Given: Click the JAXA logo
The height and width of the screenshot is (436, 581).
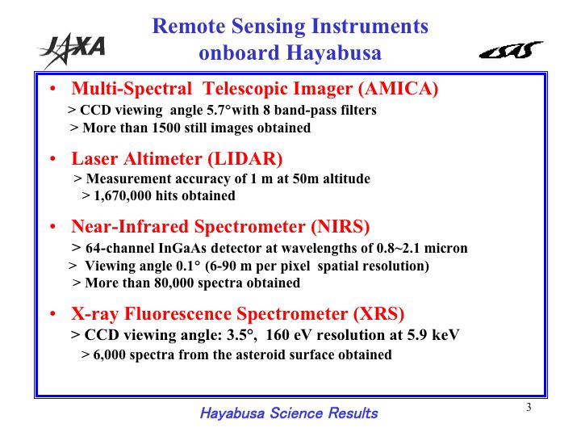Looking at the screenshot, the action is click(73, 50).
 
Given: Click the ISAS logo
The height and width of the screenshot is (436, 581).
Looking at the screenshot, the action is click(511, 50).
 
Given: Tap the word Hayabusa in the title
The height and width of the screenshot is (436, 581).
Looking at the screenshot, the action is click(334, 52).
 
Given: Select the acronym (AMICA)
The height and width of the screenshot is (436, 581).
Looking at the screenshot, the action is click(398, 89).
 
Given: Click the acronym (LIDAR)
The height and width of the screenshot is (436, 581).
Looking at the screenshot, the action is click(245, 159).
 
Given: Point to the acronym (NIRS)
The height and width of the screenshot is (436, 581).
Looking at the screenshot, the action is click(341, 227).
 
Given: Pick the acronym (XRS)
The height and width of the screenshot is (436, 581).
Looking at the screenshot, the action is click(378, 313).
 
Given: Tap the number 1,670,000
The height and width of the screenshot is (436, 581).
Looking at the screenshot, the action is click(123, 195).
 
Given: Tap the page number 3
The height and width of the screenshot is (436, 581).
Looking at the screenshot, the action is click(529, 407).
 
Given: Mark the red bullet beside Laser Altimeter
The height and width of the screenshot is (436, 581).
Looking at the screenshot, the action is click(52, 159).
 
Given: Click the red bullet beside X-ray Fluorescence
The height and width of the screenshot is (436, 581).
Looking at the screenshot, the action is click(52, 314).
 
